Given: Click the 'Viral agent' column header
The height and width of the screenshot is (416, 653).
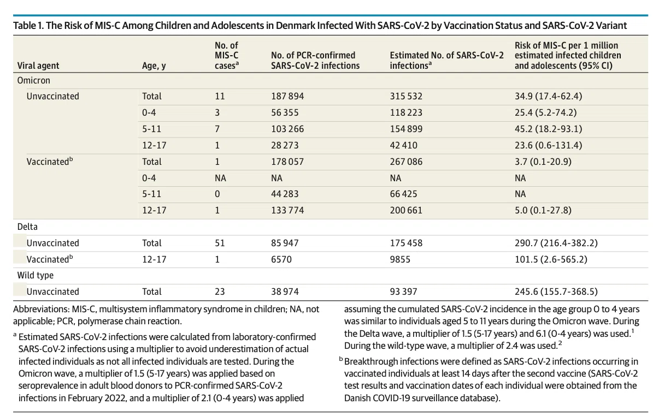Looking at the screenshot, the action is pyautogui.click(x=38, y=66).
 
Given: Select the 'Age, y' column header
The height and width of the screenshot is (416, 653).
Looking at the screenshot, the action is pyautogui.click(x=154, y=66).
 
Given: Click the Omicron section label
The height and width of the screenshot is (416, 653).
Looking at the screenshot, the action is pyautogui.click(x=33, y=80).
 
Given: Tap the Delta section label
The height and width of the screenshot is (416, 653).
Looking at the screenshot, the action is pyautogui.click(x=27, y=227).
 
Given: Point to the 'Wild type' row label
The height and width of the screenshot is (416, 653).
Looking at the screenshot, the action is pyautogui.click(x=35, y=275).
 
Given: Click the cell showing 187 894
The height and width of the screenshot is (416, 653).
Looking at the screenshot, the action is pyautogui.click(x=287, y=96).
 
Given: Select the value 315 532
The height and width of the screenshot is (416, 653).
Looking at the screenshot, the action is pyautogui.click(x=406, y=96).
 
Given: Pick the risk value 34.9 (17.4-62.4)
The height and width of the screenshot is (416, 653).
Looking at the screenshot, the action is pyautogui.click(x=549, y=96).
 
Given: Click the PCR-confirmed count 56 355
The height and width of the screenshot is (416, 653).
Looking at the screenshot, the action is pyautogui.click(x=285, y=112).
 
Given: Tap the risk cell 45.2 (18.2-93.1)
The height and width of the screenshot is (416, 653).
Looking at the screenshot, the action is pyautogui.click(x=549, y=129).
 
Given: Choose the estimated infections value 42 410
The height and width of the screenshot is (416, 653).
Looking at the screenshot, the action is pyautogui.click(x=403, y=145).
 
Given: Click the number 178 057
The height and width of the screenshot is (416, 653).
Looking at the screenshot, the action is pyautogui.click(x=287, y=162).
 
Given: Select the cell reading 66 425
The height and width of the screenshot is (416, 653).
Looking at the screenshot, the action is pyautogui.click(x=403, y=194).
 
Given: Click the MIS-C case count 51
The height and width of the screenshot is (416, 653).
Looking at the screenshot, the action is pyautogui.click(x=220, y=243).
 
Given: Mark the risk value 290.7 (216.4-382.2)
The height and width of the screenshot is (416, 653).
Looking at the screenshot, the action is pyautogui.click(x=556, y=243).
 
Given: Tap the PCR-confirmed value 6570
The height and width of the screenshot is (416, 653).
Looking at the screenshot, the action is pyautogui.click(x=281, y=259).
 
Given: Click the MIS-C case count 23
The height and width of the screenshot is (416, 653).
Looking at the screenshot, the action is pyautogui.click(x=220, y=292).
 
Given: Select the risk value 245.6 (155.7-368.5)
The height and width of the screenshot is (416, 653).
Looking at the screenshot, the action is pyautogui.click(x=556, y=292).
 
